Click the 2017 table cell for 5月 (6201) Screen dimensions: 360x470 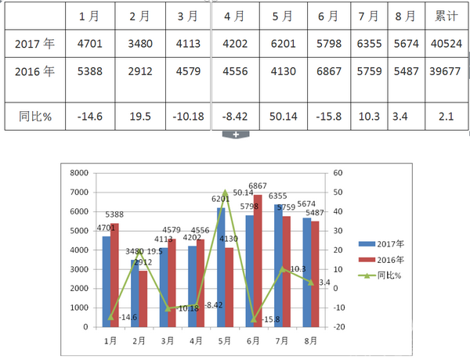tap(281, 44)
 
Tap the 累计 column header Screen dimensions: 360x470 tap(446, 16)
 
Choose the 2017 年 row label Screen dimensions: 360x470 tap(35, 44)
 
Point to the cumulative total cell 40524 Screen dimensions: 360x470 tap(446, 44)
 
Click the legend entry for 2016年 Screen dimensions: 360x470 tap(383, 259)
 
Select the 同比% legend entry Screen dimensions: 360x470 tap(383, 275)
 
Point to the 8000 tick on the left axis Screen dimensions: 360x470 tap(80, 173)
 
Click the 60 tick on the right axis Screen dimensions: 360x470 tap(338, 173)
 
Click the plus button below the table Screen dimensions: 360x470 tap(235, 135)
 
